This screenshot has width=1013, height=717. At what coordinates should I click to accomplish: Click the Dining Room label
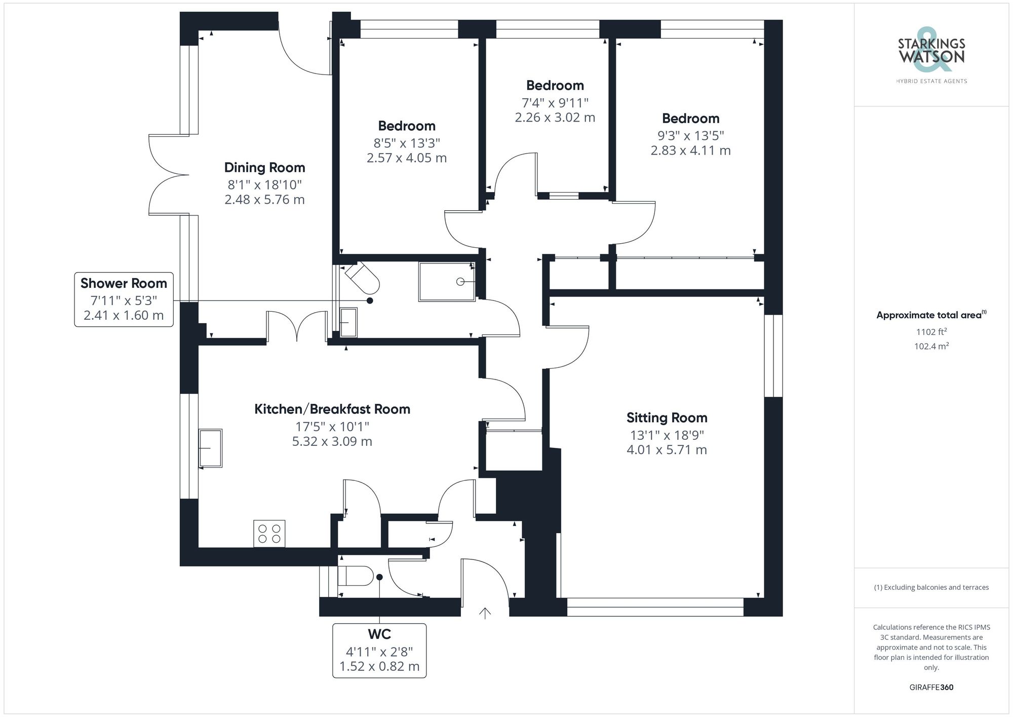pos(264,168)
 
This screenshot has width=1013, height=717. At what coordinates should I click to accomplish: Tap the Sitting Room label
pos(667,418)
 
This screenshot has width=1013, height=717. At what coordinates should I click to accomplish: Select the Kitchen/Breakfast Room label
pos(332,409)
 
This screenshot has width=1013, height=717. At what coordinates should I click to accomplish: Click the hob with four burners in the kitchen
pos(269,534)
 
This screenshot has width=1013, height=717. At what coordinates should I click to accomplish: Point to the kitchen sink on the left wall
pos(210,448)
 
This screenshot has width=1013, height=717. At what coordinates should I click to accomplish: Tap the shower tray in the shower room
pos(447,281)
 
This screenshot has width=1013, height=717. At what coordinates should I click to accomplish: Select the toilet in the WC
pos(355,576)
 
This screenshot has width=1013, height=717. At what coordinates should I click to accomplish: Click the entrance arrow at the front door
pos(485,613)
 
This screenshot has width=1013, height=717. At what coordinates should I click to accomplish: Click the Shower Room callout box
pos(124,299)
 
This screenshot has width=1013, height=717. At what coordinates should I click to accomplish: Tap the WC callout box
pos(379,650)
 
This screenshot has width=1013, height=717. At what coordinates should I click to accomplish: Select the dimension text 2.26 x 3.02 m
pos(555,118)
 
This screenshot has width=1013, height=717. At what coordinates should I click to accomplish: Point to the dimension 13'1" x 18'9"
pos(667,435)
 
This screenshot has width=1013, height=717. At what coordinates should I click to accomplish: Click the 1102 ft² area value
pos(931,332)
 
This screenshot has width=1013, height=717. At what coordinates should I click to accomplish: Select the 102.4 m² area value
pos(931,347)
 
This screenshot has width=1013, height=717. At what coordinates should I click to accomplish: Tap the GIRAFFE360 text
pos(931,688)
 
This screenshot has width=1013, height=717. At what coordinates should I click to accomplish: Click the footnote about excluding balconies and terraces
pos(931,587)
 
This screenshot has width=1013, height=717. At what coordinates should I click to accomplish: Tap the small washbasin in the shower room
pos(348,322)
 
